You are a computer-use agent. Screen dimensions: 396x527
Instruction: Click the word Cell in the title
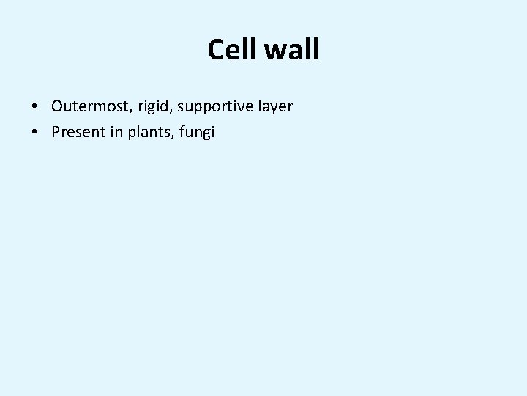pyautogui.click(x=230, y=50)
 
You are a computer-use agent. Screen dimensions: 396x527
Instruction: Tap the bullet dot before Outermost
pyautogui.click(x=35, y=107)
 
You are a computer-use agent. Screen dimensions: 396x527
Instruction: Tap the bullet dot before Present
pyautogui.click(x=35, y=133)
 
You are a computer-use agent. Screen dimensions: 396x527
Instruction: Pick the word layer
pyautogui.click(x=274, y=108)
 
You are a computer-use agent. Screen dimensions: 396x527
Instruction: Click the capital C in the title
pyautogui.click(x=216, y=50)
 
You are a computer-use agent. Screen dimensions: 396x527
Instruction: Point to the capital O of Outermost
pyautogui.click(x=58, y=107)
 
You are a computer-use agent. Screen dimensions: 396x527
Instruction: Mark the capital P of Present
pyautogui.click(x=56, y=133)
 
